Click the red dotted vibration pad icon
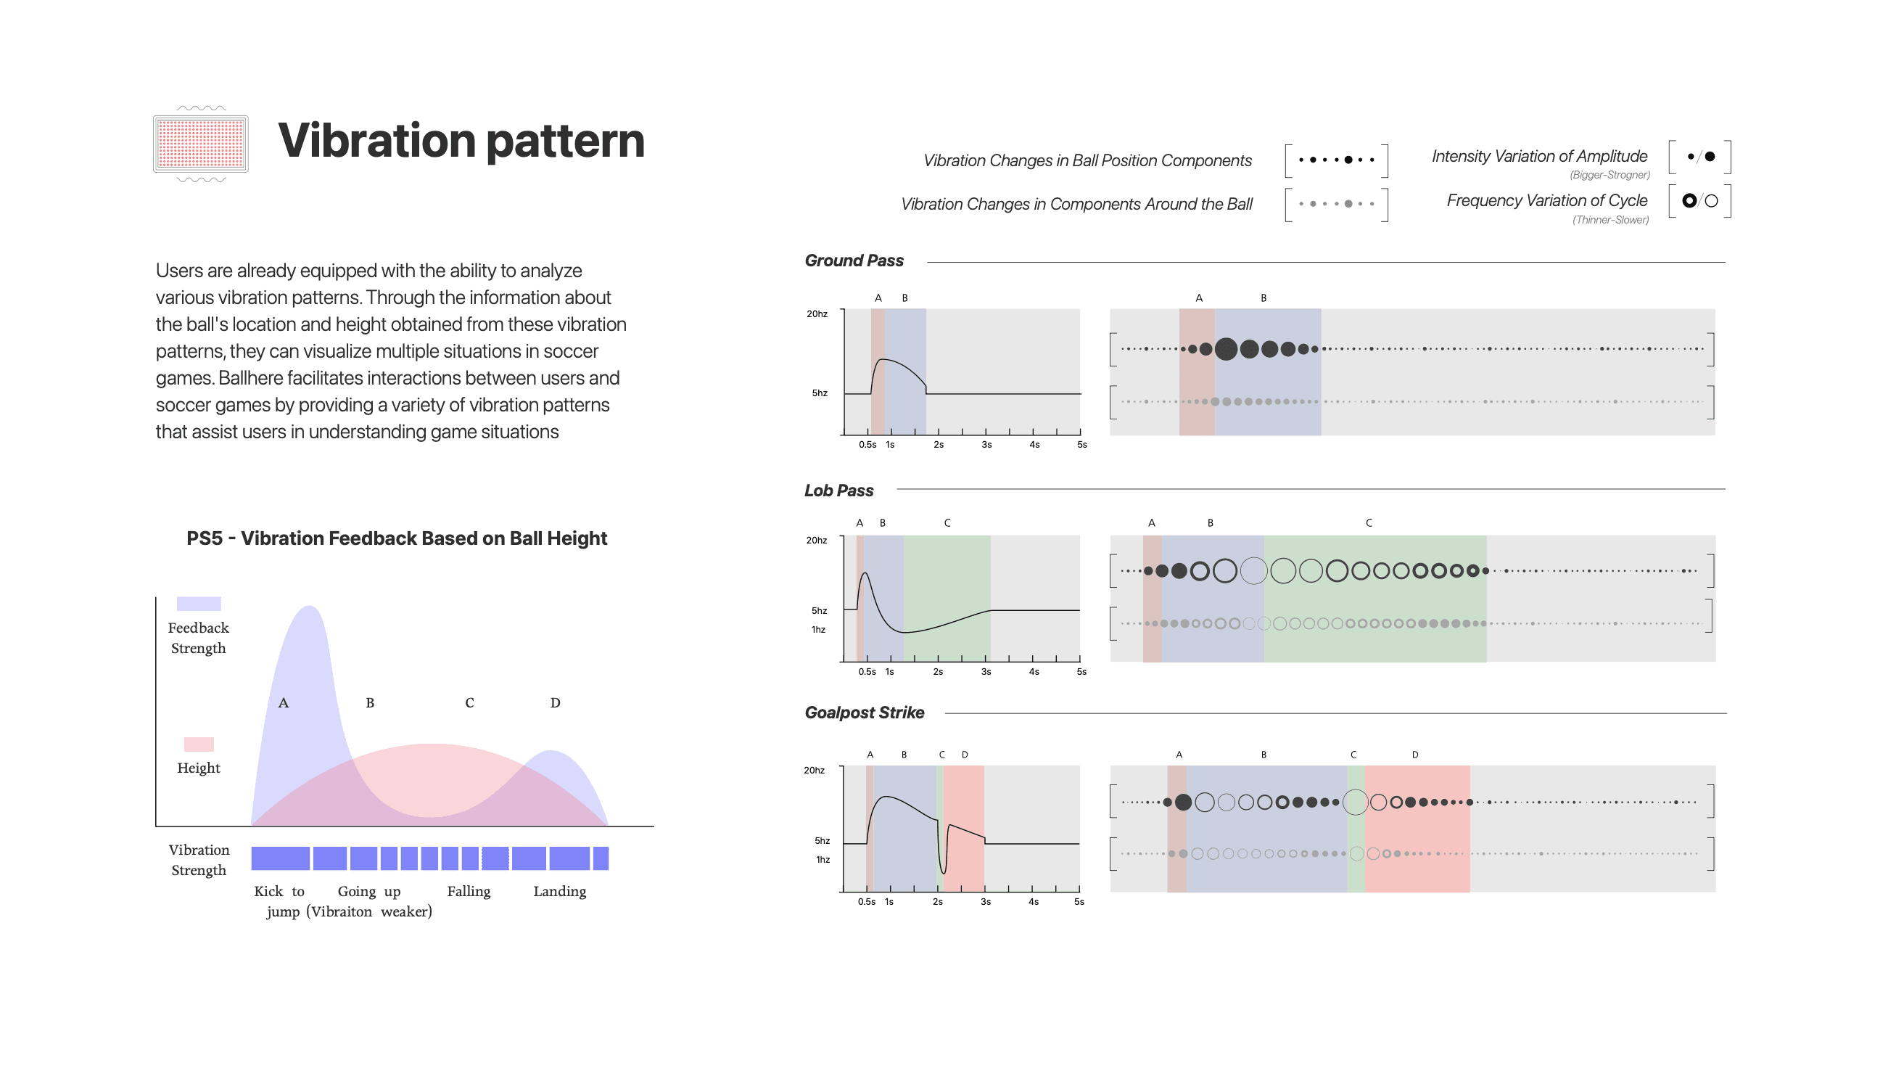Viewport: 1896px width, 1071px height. pyautogui.click(x=200, y=144)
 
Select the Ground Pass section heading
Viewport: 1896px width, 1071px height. pyautogui.click(x=854, y=260)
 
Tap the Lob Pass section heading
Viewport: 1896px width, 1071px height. pyautogui.click(x=838, y=491)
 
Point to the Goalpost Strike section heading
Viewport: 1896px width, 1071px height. pyautogui.click(x=864, y=713)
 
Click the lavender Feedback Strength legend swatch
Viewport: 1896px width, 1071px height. pyautogui.click(x=199, y=604)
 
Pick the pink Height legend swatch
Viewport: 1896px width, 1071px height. pyautogui.click(x=199, y=744)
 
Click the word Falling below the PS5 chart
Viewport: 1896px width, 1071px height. pyautogui.click(x=468, y=891)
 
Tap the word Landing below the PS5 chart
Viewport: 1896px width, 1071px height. pyautogui.click(x=559, y=891)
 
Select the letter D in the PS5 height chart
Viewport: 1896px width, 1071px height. pyautogui.click(x=555, y=703)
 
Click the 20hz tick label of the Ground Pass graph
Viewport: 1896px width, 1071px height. pyautogui.click(x=816, y=314)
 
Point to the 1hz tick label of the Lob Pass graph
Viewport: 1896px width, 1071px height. pyautogui.click(x=817, y=630)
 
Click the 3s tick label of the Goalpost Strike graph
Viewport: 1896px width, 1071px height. pyautogui.click(x=985, y=902)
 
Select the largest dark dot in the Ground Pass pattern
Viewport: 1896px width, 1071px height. pyautogui.click(x=1226, y=349)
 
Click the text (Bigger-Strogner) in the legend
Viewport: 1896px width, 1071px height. pyautogui.click(x=1609, y=175)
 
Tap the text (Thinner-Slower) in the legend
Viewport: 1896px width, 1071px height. pyautogui.click(x=1609, y=220)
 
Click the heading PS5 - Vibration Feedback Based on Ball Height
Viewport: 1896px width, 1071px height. pyautogui.click(x=397, y=539)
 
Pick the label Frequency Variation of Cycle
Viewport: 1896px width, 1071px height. pyautogui.click(x=1546, y=201)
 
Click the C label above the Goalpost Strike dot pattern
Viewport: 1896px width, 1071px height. pyautogui.click(x=1353, y=755)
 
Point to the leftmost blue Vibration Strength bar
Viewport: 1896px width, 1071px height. pyautogui.click(x=280, y=858)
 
